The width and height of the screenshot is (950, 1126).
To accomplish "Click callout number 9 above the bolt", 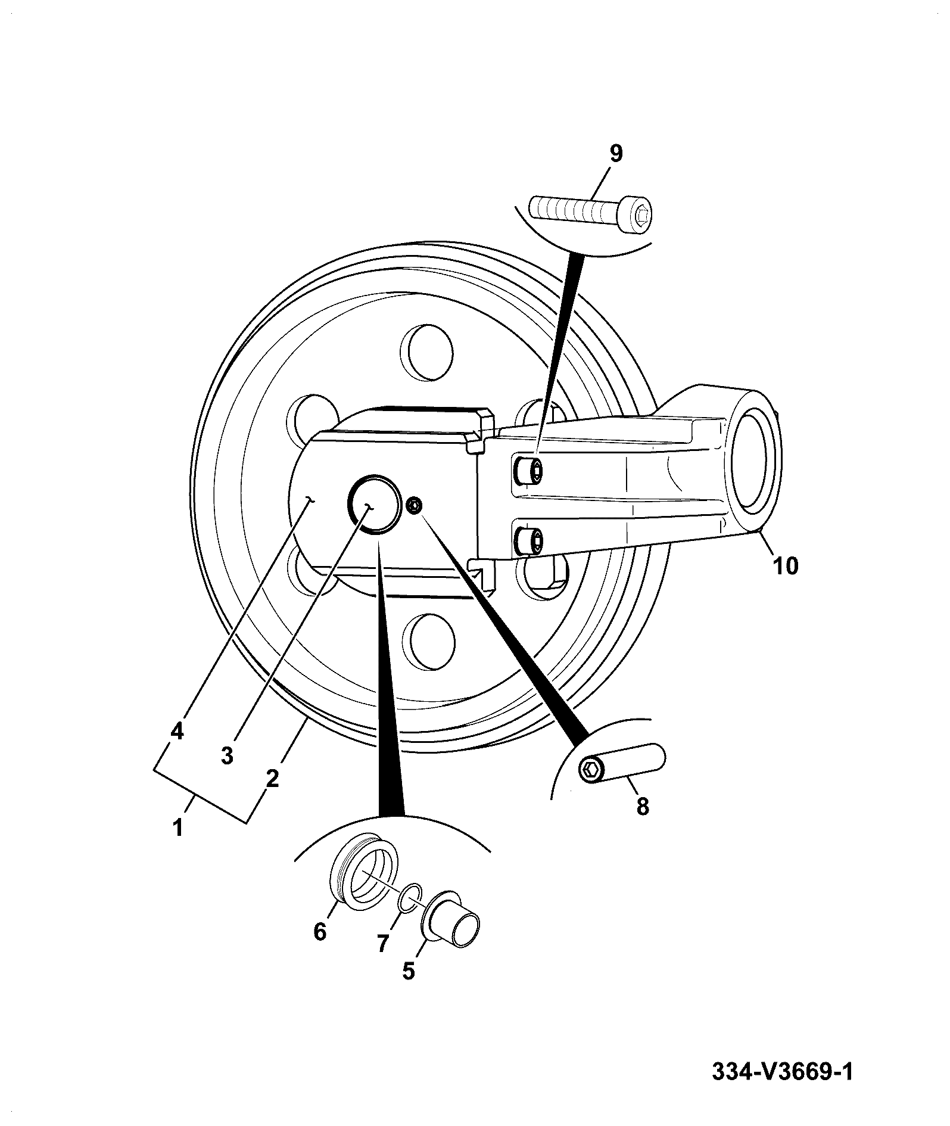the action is [616, 154].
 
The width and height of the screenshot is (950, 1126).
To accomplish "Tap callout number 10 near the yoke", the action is [785, 565].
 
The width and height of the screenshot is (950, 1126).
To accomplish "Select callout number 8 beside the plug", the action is [642, 807].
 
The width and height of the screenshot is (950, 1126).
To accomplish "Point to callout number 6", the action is [320, 931].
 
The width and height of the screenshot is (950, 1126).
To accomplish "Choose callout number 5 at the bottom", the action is [408, 971].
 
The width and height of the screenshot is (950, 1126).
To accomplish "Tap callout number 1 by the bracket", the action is [177, 828].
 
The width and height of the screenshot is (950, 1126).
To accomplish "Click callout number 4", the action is [177, 731].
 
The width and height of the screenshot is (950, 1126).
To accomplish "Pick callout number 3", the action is [226, 755].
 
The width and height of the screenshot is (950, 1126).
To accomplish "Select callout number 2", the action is [272, 778].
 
